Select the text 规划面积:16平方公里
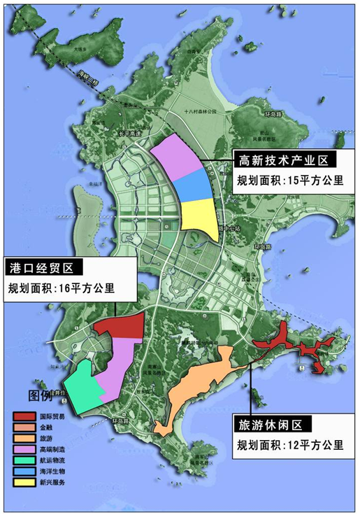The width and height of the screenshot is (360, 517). click(61, 288)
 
